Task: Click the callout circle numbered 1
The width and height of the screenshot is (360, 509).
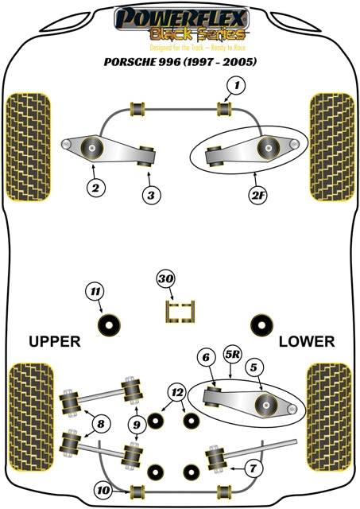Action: pos(235,85)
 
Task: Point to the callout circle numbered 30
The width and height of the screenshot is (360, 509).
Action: pos(166,280)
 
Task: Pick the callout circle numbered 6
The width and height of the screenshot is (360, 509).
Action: pos(204,359)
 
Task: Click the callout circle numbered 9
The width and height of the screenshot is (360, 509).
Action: pos(137,425)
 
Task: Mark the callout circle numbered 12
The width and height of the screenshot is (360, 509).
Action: pos(176,392)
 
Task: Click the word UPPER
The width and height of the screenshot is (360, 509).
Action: pos(55,342)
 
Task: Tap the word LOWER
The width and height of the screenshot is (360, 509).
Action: pos(307,342)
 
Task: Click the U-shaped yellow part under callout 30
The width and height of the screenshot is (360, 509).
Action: pos(180,311)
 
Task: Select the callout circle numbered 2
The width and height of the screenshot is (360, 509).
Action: pos(95,188)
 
